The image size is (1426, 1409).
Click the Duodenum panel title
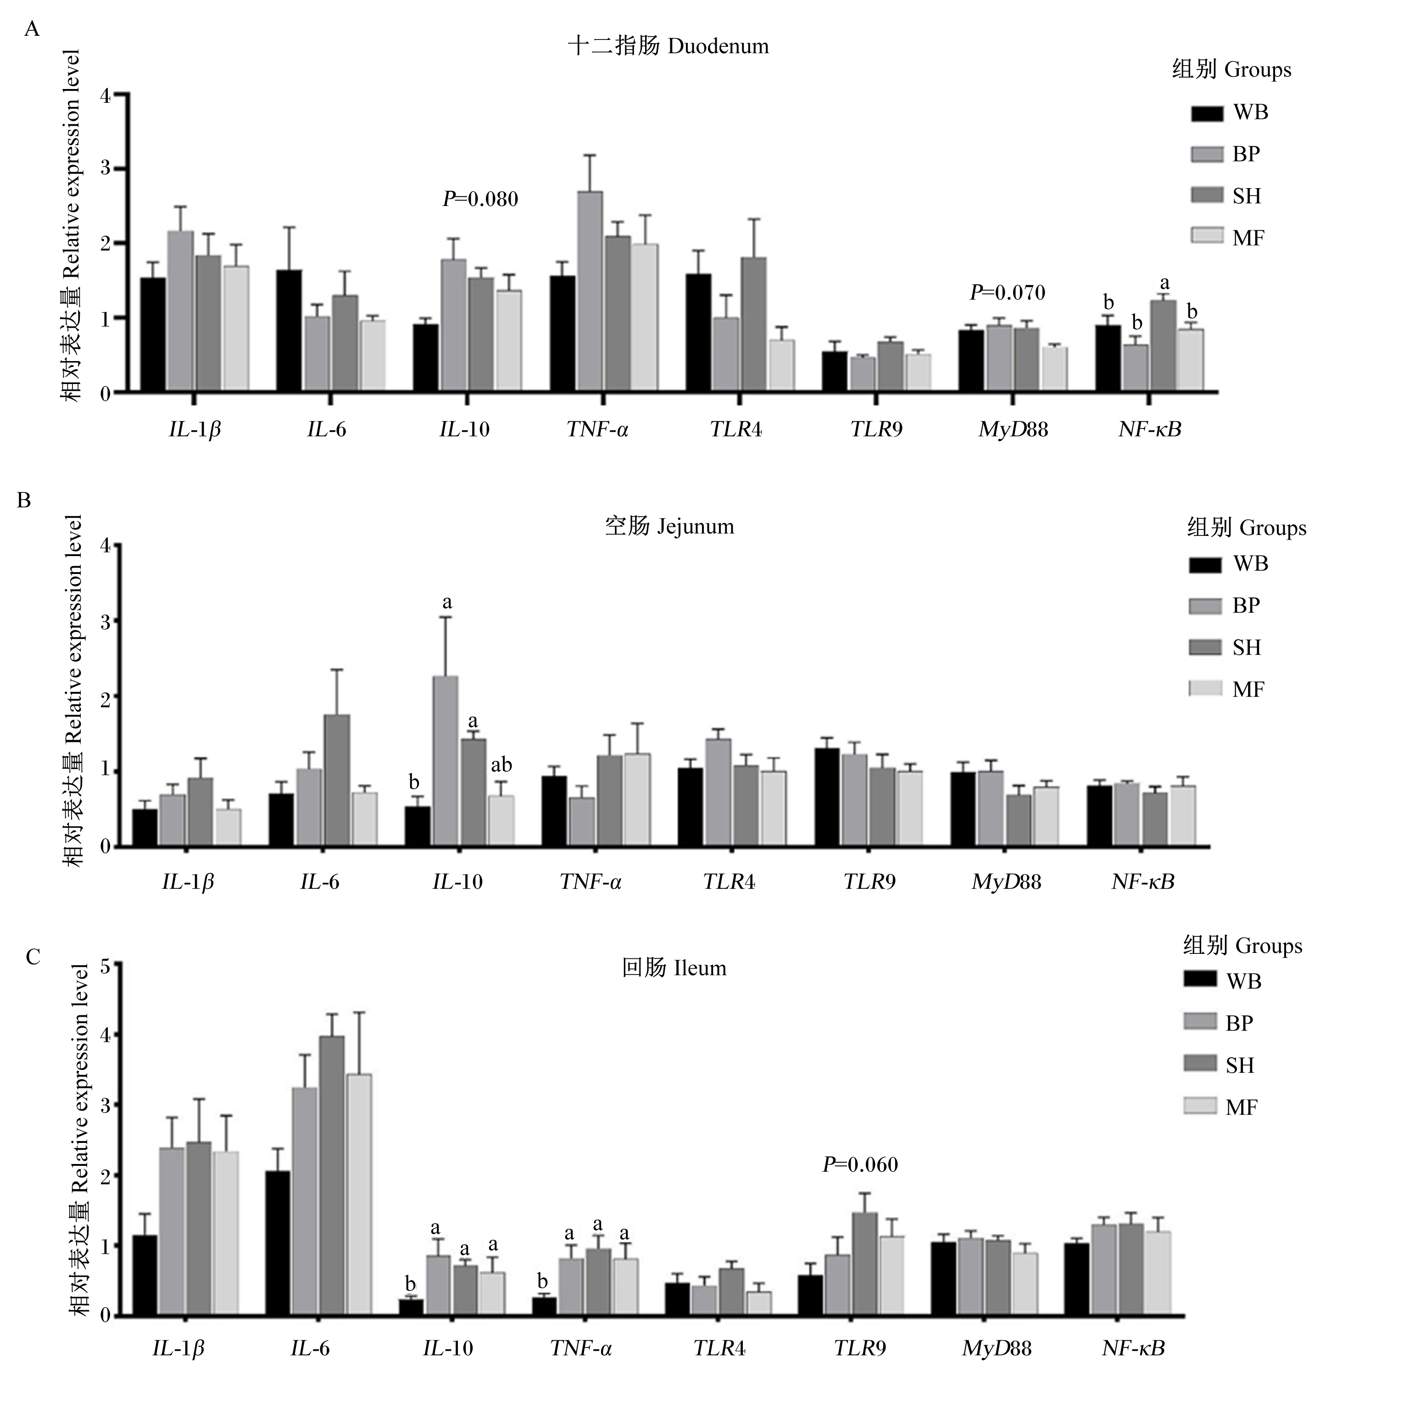(x=668, y=46)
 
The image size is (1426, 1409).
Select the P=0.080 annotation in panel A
(x=480, y=199)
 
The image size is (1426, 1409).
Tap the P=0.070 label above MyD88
(x=1008, y=293)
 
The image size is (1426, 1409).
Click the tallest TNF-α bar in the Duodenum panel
(x=590, y=291)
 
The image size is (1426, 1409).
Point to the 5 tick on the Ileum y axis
(x=106, y=967)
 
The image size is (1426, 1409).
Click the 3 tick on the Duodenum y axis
(x=106, y=169)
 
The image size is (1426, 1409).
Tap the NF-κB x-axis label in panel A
(x=1149, y=429)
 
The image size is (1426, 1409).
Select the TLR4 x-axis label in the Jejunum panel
(x=729, y=881)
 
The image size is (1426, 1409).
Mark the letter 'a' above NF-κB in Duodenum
(x=1165, y=284)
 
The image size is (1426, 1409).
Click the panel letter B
(x=23, y=501)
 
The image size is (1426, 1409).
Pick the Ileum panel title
(x=674, y=968)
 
